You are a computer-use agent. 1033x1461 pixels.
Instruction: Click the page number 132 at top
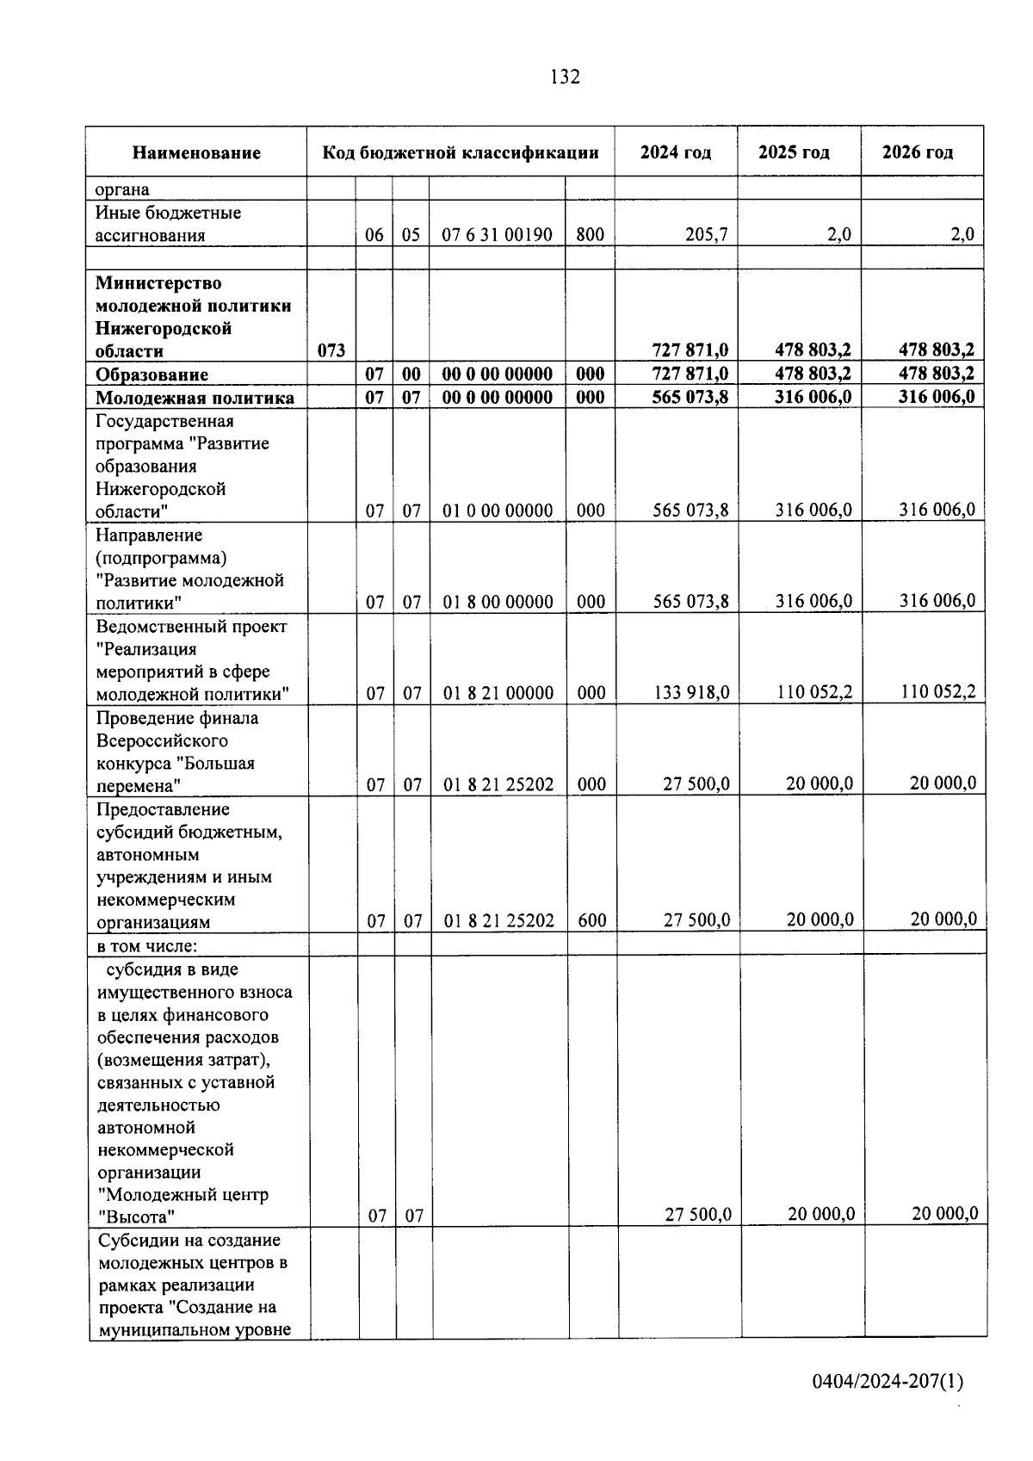(x=565, y=77)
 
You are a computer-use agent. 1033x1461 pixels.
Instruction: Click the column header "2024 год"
(x=676, y=152)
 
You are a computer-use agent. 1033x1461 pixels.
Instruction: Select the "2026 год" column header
(x=918, y=152)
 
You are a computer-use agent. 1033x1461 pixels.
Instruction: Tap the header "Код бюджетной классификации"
(x=461, y=153)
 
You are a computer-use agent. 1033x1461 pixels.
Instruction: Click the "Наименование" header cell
(x=196, y=153)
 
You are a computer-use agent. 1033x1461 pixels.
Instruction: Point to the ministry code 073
(x=331, y=350)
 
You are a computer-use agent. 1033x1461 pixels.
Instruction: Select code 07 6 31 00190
(x=498, y=234)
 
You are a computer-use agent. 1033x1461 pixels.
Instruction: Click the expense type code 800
(x=590, y=234)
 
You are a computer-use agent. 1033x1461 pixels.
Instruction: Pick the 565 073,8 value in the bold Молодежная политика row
(x=690, y=397)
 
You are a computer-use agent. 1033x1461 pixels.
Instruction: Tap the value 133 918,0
(x=691, y=692)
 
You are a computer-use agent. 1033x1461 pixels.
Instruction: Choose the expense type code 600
(x=591, y=920)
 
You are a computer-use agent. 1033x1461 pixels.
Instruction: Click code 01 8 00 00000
(x=498, y=602)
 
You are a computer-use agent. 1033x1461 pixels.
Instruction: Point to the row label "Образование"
(x=152, y=375)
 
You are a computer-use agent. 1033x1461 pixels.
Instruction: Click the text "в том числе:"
(x=147, y=945)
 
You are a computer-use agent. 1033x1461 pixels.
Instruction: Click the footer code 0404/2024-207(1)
(x=888, y=1382)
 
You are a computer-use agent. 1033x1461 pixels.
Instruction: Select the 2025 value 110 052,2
(x=813, y=691)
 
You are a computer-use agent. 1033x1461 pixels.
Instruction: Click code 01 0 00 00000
(x=498, y=511)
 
